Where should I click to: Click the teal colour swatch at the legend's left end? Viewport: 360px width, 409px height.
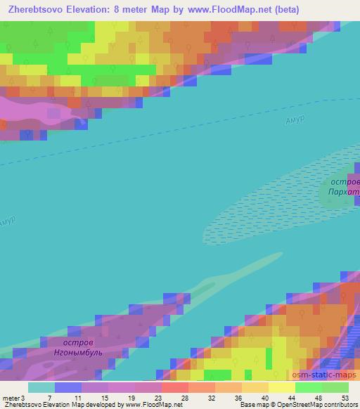pyautogui.click(x=41, y=387)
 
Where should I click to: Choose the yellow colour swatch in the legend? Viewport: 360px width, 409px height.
pyautogui.click(x=281, y=387)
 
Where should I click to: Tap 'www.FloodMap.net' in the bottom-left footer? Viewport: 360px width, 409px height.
pyautogui.click(x=152, y=405)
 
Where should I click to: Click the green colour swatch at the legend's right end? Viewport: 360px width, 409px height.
pyautogui.click(x=335, y=387)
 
